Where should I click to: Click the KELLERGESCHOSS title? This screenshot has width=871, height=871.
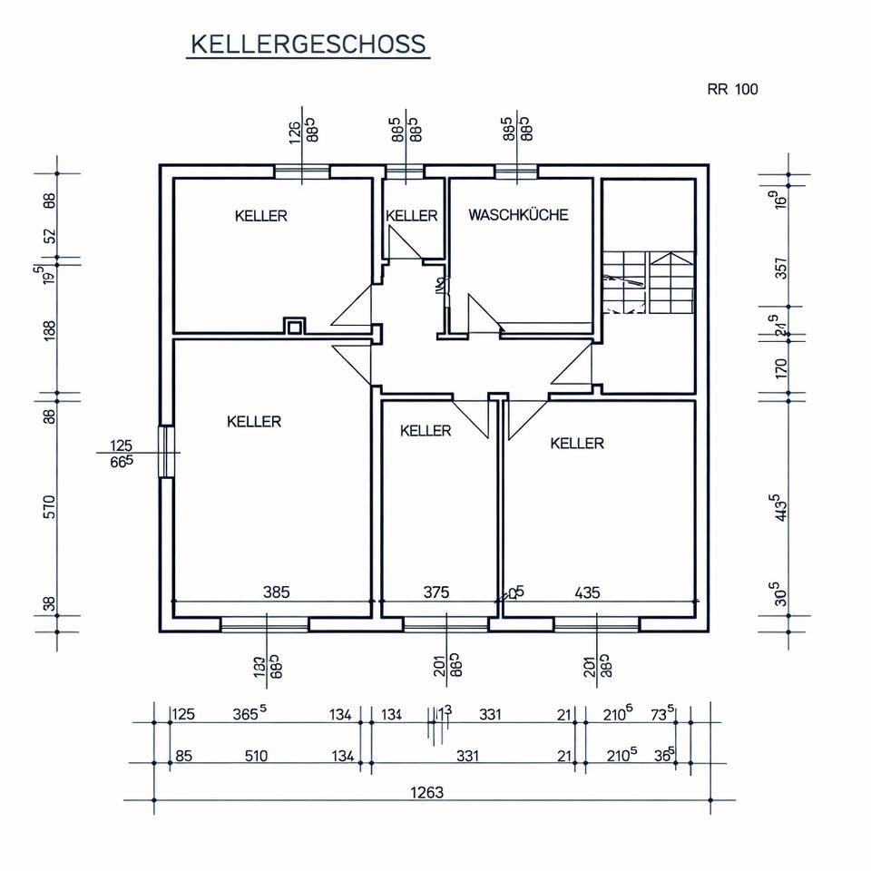tap(308, 44)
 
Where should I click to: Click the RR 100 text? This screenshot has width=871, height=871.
tap(732, 89)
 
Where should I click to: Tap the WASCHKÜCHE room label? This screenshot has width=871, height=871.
tap(518, 215)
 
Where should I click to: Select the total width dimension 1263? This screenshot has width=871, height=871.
tap(426, 792)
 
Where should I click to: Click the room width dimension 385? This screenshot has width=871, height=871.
tap(276, 592)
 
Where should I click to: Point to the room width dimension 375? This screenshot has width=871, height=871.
tap(436, 592)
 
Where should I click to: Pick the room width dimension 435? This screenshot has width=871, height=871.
tap(588, 592)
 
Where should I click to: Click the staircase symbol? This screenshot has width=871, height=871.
tap(648, 282)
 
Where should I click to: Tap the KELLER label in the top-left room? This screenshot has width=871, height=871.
tap(260, 216)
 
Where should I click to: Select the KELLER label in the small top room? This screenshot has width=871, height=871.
tap(412, 216)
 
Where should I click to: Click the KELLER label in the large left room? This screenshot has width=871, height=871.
tap(254, 422)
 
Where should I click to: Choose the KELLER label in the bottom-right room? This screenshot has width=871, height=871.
tap(577, 444)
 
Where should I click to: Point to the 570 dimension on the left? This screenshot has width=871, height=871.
tap(49, 505)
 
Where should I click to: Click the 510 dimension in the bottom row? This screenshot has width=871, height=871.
tap(257, 755)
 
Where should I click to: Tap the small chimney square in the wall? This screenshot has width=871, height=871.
tap(295, 326)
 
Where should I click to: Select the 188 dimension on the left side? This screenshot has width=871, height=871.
tap(49, 330)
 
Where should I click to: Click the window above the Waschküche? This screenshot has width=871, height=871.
tap(516, 171)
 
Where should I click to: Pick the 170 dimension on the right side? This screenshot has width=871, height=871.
tap(782, 367)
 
